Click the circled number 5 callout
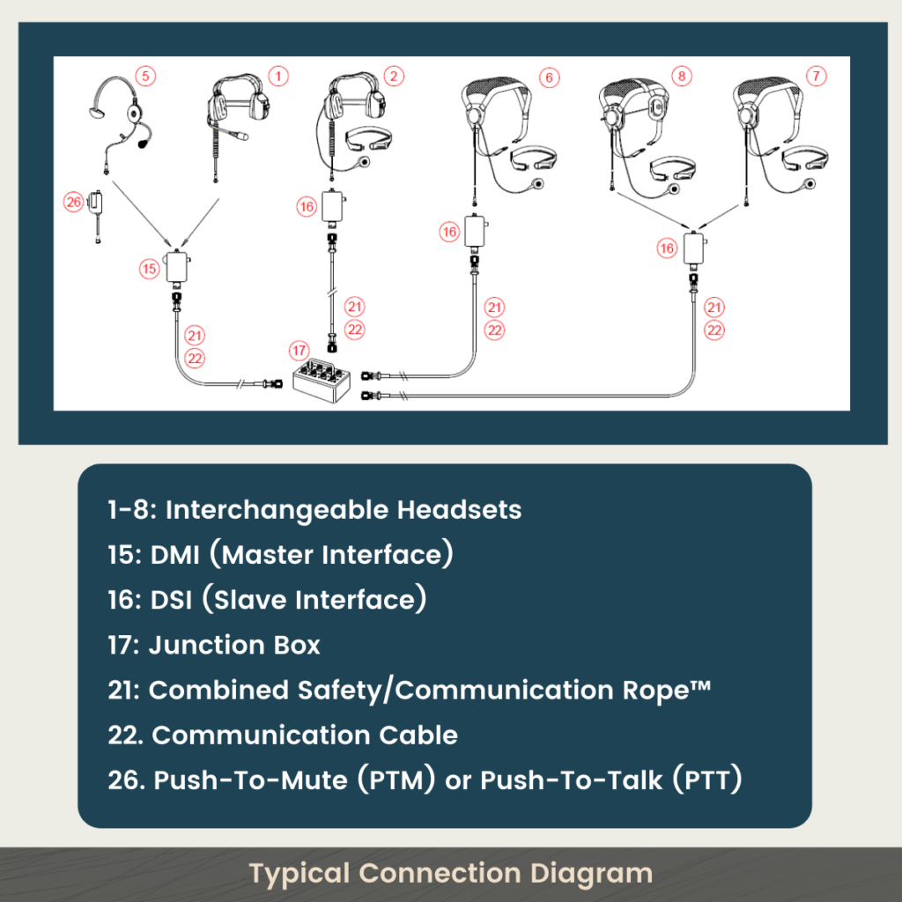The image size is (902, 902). coord(146,76)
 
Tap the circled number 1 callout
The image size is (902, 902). coord(277,76)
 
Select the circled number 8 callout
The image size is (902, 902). coord(680,76)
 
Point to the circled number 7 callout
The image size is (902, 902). coord(817,76)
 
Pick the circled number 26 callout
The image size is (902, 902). coord(73,202)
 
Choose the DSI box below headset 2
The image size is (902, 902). coord(334,208)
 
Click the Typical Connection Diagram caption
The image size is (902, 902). coord(450,874)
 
